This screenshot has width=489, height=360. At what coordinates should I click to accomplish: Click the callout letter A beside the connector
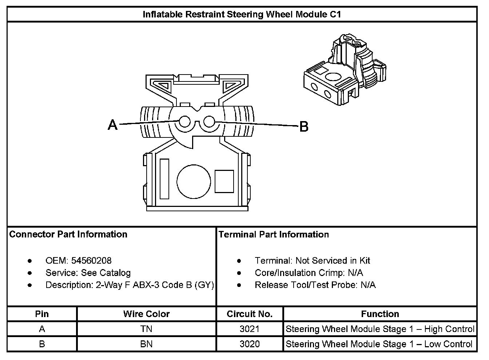pyautogui.click(x=113, y=125)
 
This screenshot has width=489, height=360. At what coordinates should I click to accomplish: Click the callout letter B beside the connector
pyautogui.click(x=304, y=127)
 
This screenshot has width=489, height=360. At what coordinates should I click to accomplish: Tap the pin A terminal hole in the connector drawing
pyautogui.click(x=184, y=121)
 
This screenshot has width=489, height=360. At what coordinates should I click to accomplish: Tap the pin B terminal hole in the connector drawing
pyautogui.click(x=209, y=121)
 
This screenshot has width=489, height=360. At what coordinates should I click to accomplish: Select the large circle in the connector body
pyautogui.click(x=194, y=182)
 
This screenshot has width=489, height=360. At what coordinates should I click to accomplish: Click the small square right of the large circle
pyautogui.click(x=224, y=181)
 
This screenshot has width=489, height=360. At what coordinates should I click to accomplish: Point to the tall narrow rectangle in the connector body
pyautogui.click(x=164, y=179)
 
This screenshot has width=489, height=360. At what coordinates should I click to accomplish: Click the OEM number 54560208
pyautogui.click(x=91, y=261)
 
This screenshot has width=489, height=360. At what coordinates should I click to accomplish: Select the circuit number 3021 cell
pyautogui.click(x=250, y=329)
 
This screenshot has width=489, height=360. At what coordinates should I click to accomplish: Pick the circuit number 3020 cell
pyautogui.click(x=250, y=344)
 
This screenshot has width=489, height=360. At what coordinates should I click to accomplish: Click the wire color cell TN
pyautogui.click(x=146, y=329)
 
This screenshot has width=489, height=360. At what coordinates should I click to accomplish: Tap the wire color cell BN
pyautogui.click(x=146, y=344)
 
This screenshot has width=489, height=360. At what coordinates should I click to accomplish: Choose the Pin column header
pyautogui.click(x=42, y=314)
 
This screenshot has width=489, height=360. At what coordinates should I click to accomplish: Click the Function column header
pyautogui.click(x=380, y=314)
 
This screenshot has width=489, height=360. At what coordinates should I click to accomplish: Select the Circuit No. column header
pyautogui.click(x=250, y=314)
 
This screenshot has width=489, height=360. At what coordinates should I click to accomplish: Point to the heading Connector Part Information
pyautogui.click(x=68, y=234)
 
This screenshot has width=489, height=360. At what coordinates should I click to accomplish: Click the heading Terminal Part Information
pyautogui.click(x=274, y=235)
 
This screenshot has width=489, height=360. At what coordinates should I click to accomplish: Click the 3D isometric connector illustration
pyautogui.click(x=345, y=69)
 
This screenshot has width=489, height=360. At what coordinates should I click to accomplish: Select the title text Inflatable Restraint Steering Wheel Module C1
pyautogui.click(x=242, y=15)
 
